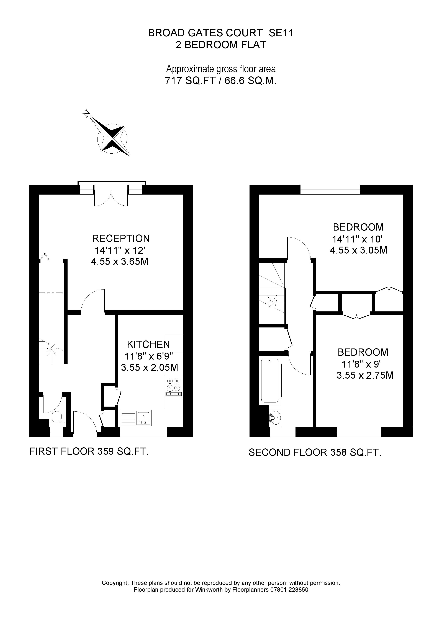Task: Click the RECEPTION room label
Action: (121, 238)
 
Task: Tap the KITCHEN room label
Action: (148, 344)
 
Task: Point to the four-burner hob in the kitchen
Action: (173, 386)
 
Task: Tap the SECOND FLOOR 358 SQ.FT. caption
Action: (315, 452)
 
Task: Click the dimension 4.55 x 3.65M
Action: (120, 262)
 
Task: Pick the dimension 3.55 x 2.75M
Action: (365, 375)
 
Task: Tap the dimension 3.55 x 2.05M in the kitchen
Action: (150, 368)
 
